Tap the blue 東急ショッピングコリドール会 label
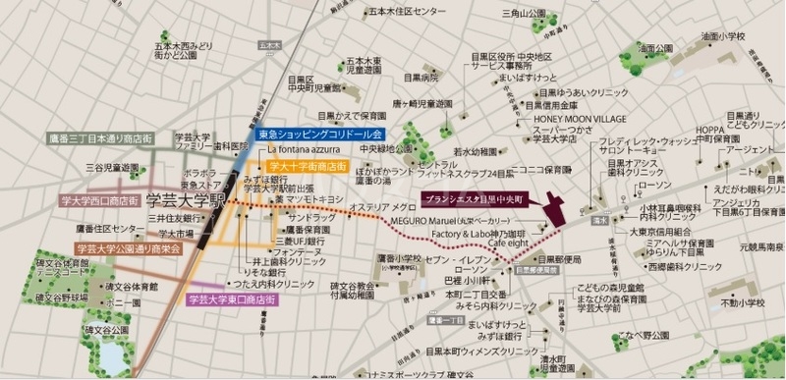coord(318,133)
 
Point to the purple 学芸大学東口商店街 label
coord(231,299)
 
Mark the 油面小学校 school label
coord(722,36)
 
